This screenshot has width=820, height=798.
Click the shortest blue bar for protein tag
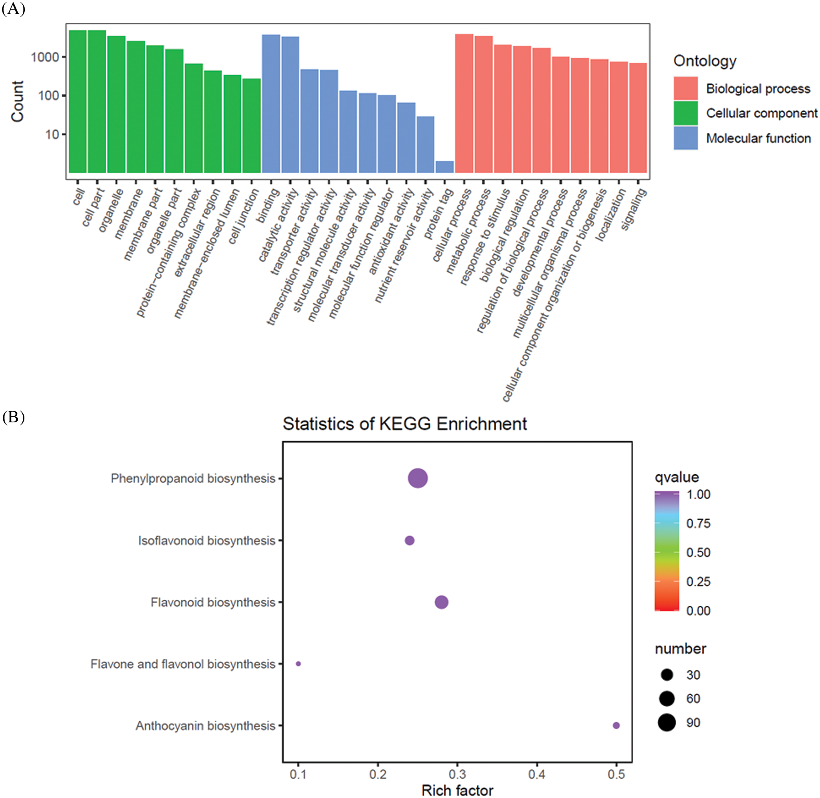tap(444, 167)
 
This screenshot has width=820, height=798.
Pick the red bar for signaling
tap(638, 117)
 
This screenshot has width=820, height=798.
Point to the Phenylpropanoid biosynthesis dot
tap(418, 478)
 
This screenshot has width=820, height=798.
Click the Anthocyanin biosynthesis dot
tap(616, 725)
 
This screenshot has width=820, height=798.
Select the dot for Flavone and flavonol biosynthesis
tap(298, 664)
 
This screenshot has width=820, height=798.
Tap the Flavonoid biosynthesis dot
tap(441, 602)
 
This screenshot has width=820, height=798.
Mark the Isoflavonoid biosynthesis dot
tap(409, 540)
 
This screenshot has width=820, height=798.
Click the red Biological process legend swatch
tap(685, 88)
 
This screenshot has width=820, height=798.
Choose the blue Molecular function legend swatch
tap(685, 138)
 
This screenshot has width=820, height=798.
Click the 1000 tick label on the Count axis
tap(45, 57)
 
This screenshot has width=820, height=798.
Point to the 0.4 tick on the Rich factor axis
tap(537, 774)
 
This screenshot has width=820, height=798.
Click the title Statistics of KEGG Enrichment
tap(405, 424)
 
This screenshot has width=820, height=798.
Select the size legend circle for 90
tap(667, 723)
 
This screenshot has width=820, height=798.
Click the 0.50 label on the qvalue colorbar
tap(698, 552)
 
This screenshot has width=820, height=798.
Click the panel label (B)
tap(13, 417)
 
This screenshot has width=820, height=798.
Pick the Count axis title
tap(18, 101)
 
